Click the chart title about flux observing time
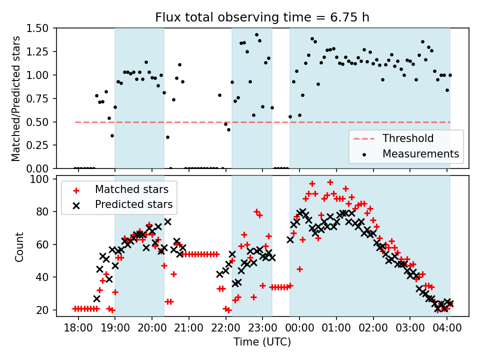[x=262, y=17]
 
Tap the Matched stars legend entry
[x=131, y=189]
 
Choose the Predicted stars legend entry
[x=133, y=204]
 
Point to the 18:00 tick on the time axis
[x=78, y=328]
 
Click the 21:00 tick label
[x=188, y=328]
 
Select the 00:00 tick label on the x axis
[x=299, y=328]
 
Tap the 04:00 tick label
[x=446, y=328]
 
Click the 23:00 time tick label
[x=262, y=328]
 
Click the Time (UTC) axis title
[x=262, y=342]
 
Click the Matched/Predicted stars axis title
[x=16, y=98]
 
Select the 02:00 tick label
[x=373, y=328]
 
